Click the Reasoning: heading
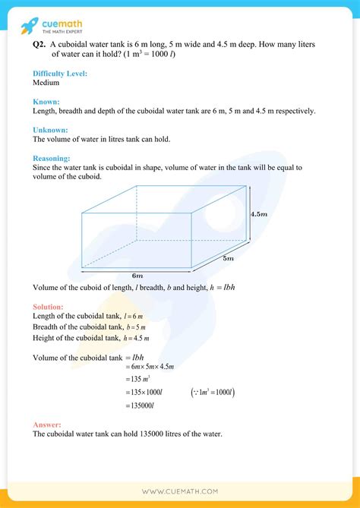point(54,158)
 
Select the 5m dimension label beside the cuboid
point(229,258)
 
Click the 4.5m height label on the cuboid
point(261,214)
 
